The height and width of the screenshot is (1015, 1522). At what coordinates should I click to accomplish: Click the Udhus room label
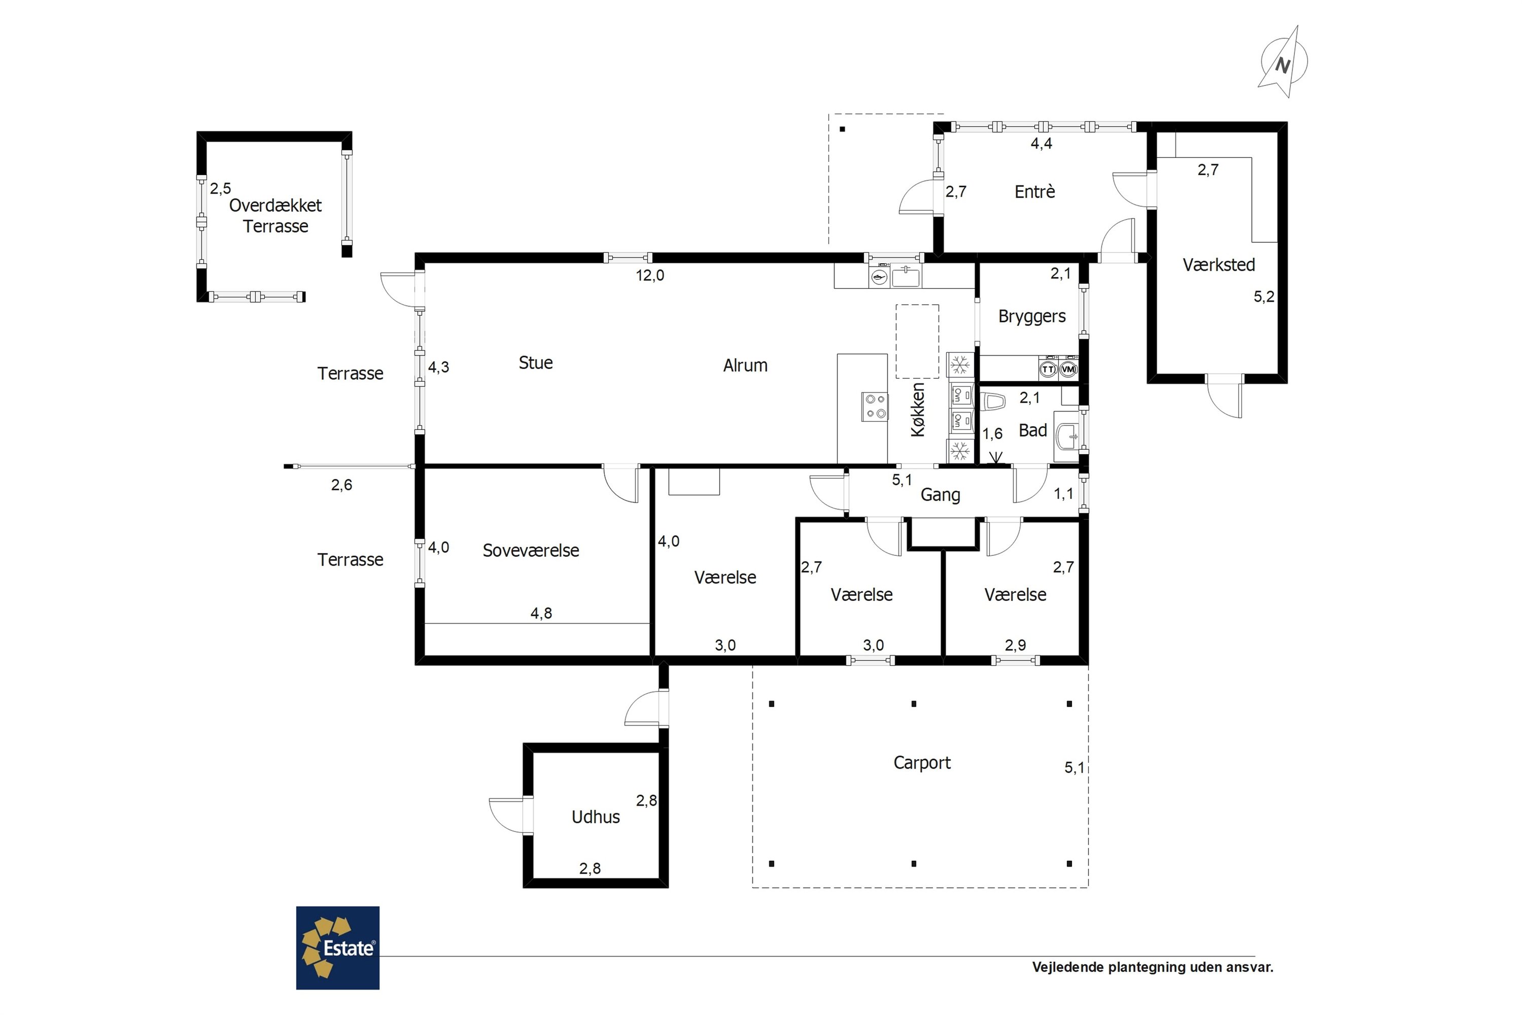coord(595,817)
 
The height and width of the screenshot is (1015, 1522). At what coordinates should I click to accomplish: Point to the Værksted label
coord(1219,265)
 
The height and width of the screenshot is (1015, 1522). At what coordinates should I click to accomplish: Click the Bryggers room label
coord(1031,317)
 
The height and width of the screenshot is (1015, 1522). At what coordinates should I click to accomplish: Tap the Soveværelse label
coord(531,551)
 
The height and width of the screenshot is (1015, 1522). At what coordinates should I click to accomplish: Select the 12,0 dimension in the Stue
coord(650,276)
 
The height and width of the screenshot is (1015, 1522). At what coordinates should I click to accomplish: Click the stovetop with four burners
coord(875,407)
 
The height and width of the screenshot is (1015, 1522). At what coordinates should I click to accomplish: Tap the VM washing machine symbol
coord(1068,369)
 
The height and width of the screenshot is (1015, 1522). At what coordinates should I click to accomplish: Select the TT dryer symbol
coord(1048,369)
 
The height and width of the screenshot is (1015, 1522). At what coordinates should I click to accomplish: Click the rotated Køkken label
coord(918,410)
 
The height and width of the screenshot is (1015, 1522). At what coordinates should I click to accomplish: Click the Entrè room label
coord(1035,192)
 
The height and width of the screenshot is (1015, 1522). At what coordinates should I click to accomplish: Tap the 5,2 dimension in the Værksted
coord(1264,297)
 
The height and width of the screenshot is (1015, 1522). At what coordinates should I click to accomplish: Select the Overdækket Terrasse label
coord(275,216)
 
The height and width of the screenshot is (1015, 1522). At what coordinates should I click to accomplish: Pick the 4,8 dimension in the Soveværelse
coord(542,614)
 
